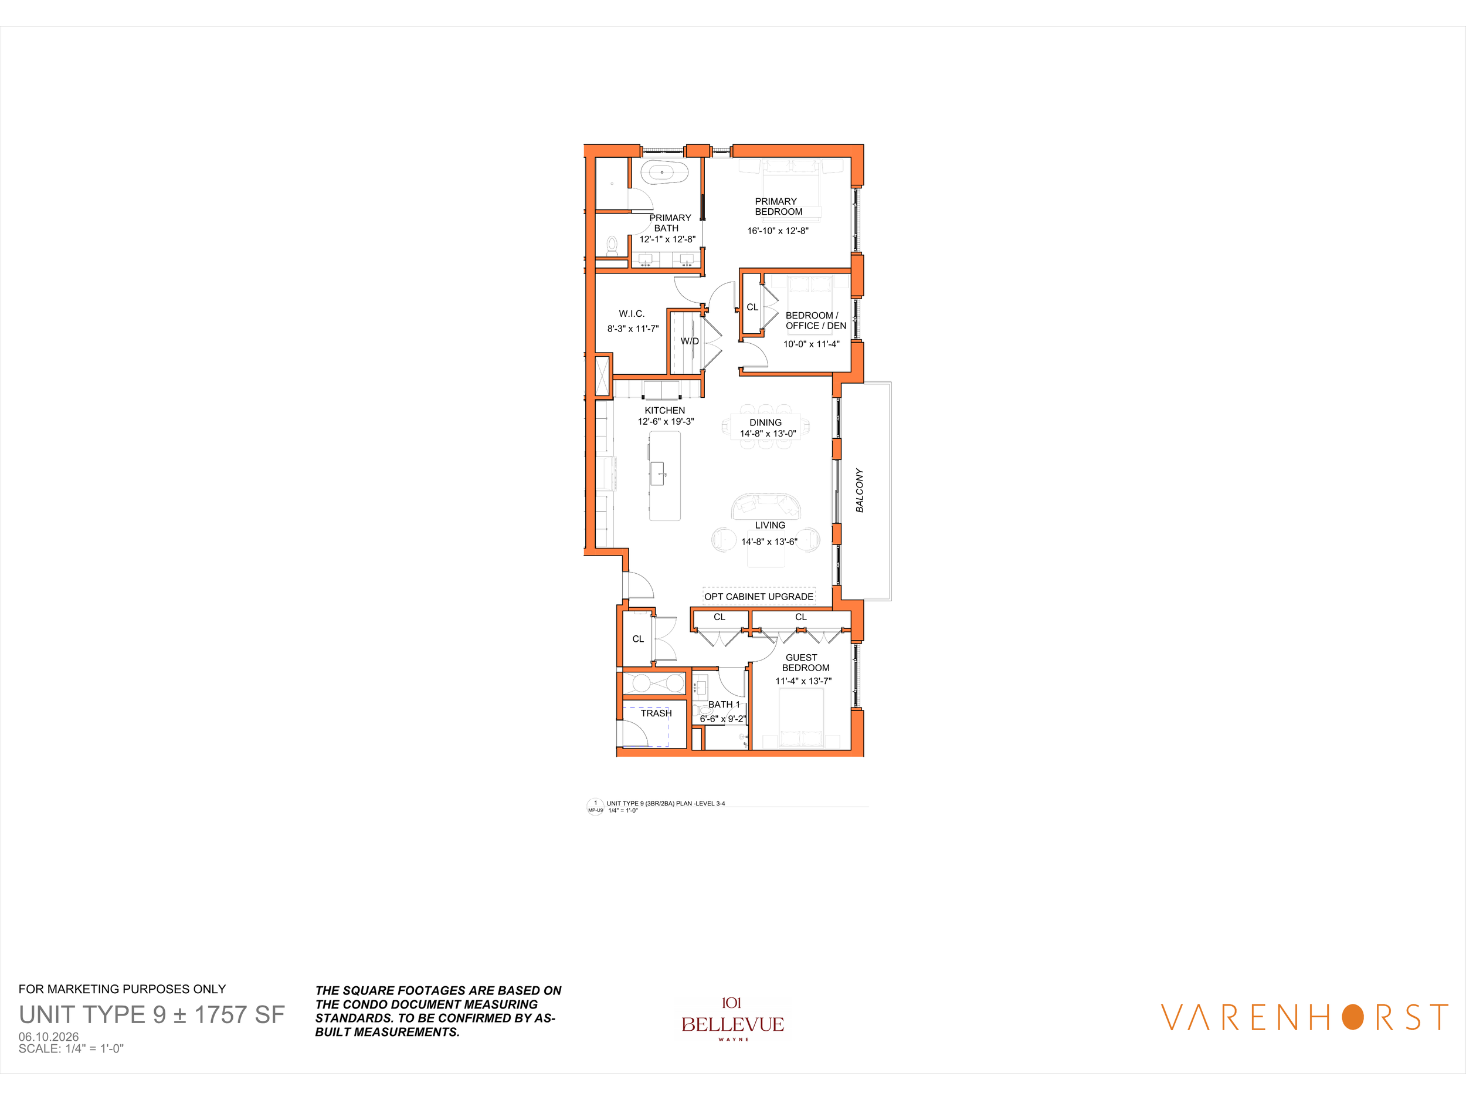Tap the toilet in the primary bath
(x=612, y=246)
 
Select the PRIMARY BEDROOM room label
(x=778, y=206)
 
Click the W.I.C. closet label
(x=632, y=314)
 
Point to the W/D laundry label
(x=690, y=341)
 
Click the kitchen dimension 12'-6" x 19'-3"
(x=666, y=422)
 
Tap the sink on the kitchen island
(x=657, y=473)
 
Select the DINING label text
(x=765, y=422)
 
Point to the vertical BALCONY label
(x=860, y=490)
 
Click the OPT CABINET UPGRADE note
(x=759, y=597)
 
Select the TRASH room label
(x=656, y=713)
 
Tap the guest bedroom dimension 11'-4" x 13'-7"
(x=803, y=681)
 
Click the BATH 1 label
(x=724, y=704)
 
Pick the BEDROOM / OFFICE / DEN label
(x=816, y=320)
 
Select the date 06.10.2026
(x=49, y=1037)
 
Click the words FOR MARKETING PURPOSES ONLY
(x=122, y=989)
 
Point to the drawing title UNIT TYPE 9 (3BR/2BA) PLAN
(x=640, y=804)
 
